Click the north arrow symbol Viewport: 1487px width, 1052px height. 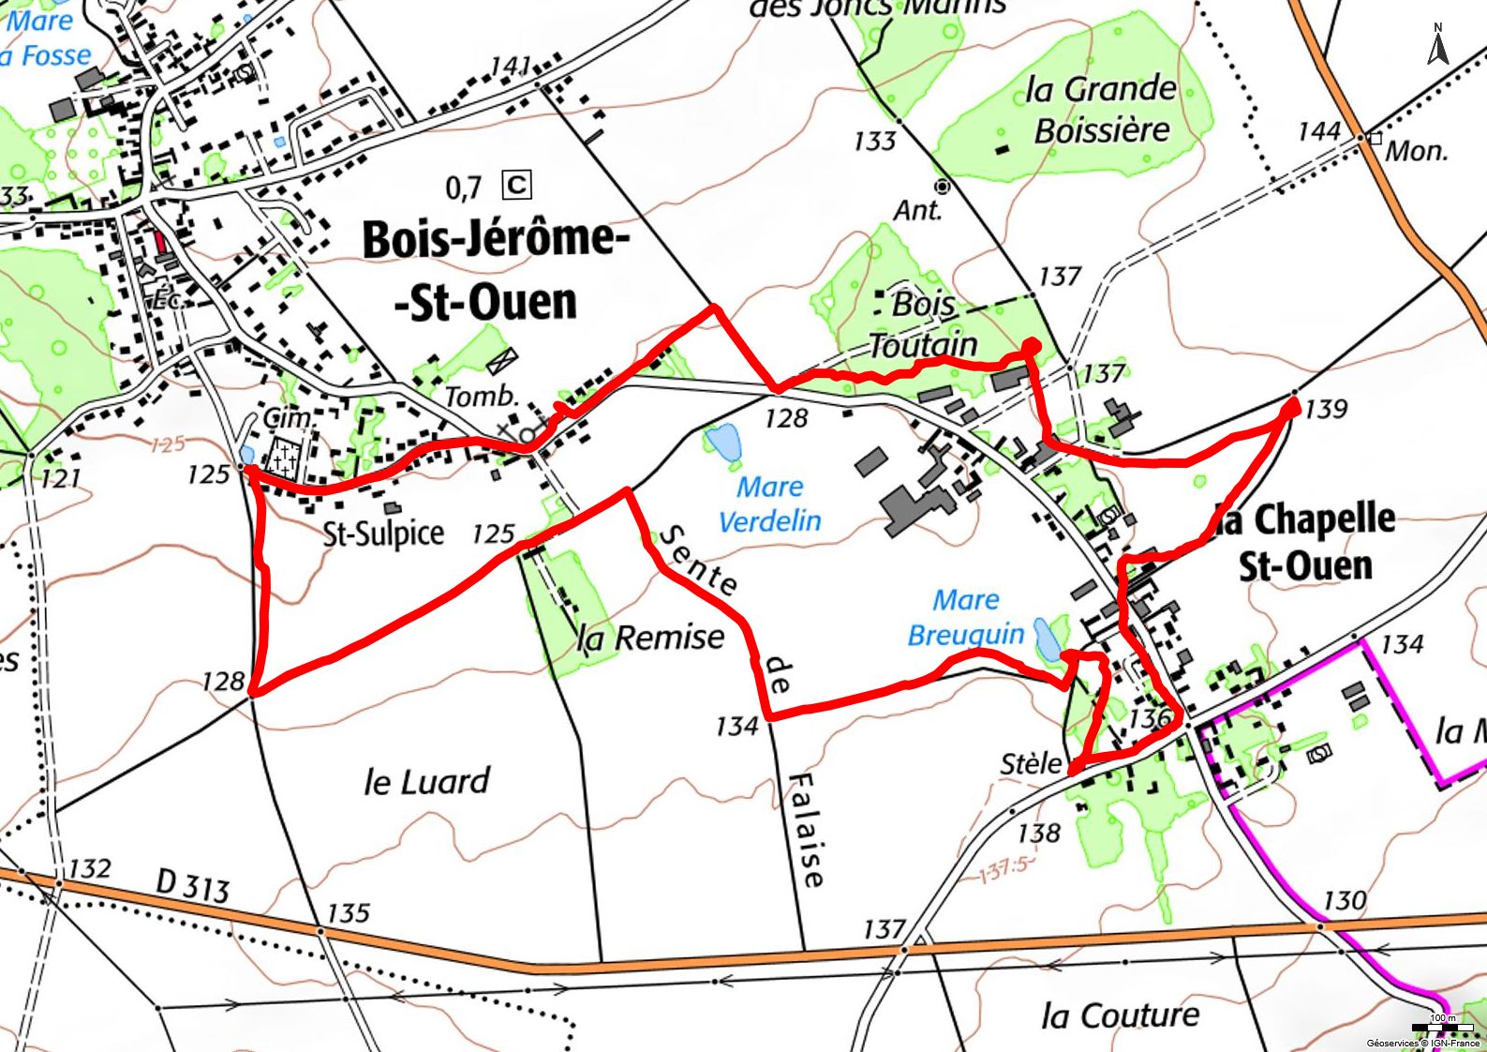pos(1438,44)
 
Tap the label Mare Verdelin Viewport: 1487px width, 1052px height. pos(769,503)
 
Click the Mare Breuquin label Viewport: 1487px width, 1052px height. pos(966,617)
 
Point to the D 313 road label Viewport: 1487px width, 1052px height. pos(192,883)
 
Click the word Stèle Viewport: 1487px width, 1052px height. pos(1032,763)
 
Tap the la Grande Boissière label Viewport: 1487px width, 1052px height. pos(1101,110)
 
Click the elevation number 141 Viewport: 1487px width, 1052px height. pos(511,66)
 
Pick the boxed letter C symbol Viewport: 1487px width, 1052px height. pos(516,185)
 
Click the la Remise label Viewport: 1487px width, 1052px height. pos(651,638)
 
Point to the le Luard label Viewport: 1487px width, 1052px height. pos(426,780)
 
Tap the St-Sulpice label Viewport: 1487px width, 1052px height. pos(383,533)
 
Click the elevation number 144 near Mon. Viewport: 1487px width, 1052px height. pos(1319,130)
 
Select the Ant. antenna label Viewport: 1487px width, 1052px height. pos(916,210)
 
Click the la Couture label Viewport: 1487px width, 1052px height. pos(1120,1014)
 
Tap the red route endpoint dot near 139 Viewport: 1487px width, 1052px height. pos(1291,407)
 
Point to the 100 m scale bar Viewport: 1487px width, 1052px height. pos(1443,1028)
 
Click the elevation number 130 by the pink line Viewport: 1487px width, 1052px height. pos(1344,900)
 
